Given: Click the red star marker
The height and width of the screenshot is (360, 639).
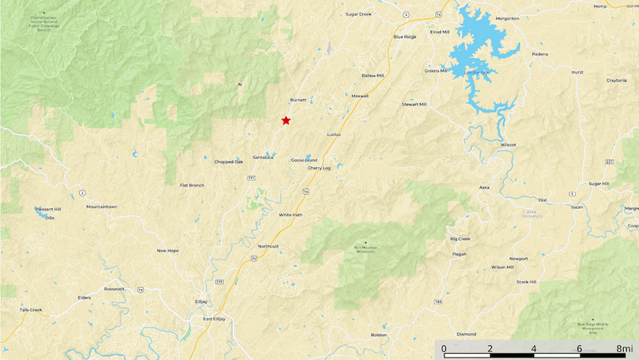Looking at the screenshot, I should click(285, 120).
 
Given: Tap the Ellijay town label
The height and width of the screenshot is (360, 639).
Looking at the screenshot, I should click(201, 301).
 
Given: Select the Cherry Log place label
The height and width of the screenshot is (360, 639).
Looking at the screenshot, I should click(319, 168).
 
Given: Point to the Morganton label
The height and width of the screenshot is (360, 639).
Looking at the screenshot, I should click(507, 17).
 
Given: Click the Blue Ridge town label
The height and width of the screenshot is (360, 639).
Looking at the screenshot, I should click(404, 36).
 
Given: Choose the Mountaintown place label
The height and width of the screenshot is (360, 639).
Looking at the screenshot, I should click(101, 207).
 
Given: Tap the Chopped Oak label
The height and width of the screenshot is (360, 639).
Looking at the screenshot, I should click(229, 161).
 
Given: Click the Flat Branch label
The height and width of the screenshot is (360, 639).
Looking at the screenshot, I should click(192, 185).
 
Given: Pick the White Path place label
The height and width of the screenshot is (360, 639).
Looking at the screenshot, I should click(290, 214).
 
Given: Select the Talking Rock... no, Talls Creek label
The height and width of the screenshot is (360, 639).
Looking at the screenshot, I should click(31, 309).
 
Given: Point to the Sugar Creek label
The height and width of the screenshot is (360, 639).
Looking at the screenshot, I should click(358, 13).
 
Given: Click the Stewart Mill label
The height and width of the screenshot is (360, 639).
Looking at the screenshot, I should click(414, 104).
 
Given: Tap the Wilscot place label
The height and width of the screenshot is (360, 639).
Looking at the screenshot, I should click(508, 145).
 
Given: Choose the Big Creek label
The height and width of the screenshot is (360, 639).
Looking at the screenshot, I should click(460, 238).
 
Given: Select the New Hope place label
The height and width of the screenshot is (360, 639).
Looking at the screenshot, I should click(168, 250).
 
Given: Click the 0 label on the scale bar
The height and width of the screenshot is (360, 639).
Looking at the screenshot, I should click(444, 348).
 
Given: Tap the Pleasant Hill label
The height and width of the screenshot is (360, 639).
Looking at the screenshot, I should click(47, 209).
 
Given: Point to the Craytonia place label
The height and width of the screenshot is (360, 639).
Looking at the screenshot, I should click(617, 80).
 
